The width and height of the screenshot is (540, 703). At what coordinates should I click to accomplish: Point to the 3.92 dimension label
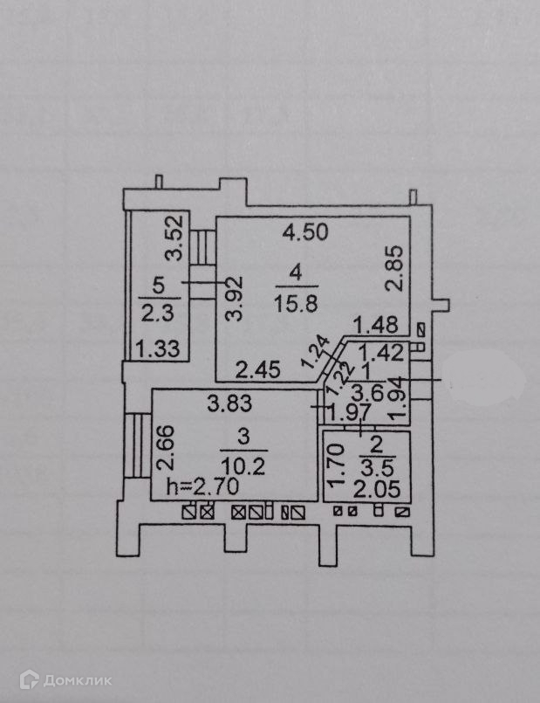point(231,301)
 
